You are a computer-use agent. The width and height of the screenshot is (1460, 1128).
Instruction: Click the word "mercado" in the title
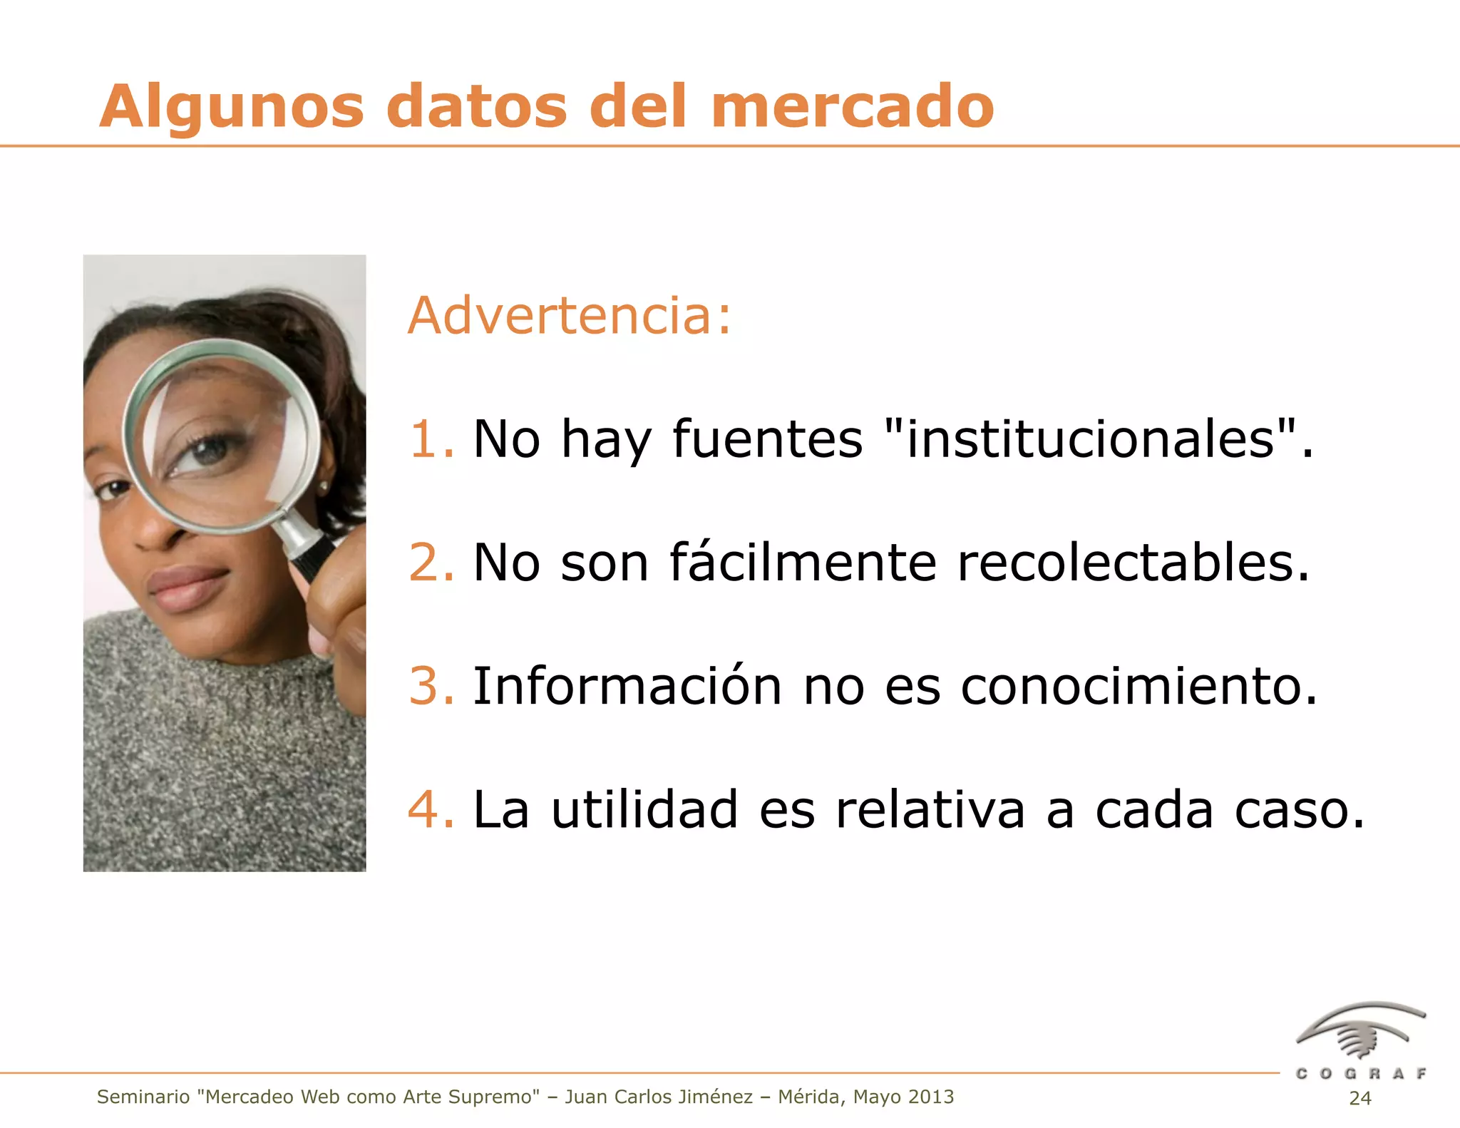(x=852, y=107)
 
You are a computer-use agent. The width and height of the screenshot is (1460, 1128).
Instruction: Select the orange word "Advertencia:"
(x=570, y=315)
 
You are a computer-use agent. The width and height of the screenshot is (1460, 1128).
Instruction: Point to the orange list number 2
(x=429, y=563)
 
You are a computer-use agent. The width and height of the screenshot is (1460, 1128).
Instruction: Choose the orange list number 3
(x=429, y=686)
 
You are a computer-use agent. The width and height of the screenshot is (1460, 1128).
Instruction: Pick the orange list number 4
(x=429, y=810)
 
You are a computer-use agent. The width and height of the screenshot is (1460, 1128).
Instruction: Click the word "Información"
(x=627, y=686)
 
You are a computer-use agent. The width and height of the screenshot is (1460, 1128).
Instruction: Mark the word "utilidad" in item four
(x=644, y=810)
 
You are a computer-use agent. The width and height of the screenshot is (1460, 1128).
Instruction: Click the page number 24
(x=1360, y=1098)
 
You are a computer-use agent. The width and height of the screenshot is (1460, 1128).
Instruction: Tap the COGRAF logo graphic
(x=1360, y=1032)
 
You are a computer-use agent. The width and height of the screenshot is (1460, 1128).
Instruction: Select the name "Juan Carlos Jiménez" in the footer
(x=659, y=1097)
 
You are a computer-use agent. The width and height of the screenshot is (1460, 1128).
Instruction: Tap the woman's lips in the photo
(x=187, y=586)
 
